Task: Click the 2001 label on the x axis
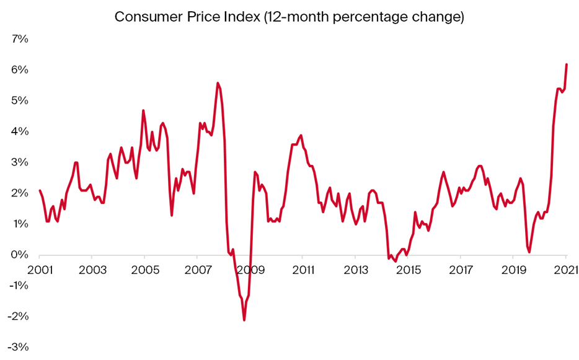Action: coord(39,270)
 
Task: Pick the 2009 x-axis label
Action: coord(249,270)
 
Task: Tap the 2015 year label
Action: coord(407,270)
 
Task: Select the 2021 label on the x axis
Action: coord(565,270)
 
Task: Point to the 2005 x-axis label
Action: coord(144,270)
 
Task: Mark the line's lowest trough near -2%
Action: coord(244,320)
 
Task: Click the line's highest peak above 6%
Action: coord(567,64)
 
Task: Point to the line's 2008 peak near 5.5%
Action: coord(218,83)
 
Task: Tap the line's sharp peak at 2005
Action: coord(144,111)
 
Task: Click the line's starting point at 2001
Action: coord(40,191)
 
